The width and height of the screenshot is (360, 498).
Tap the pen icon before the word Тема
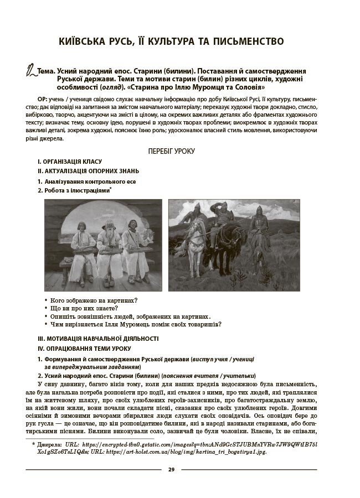click(31, 72)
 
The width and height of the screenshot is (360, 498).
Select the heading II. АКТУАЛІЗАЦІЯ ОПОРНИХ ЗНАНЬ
click(88, 171)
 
